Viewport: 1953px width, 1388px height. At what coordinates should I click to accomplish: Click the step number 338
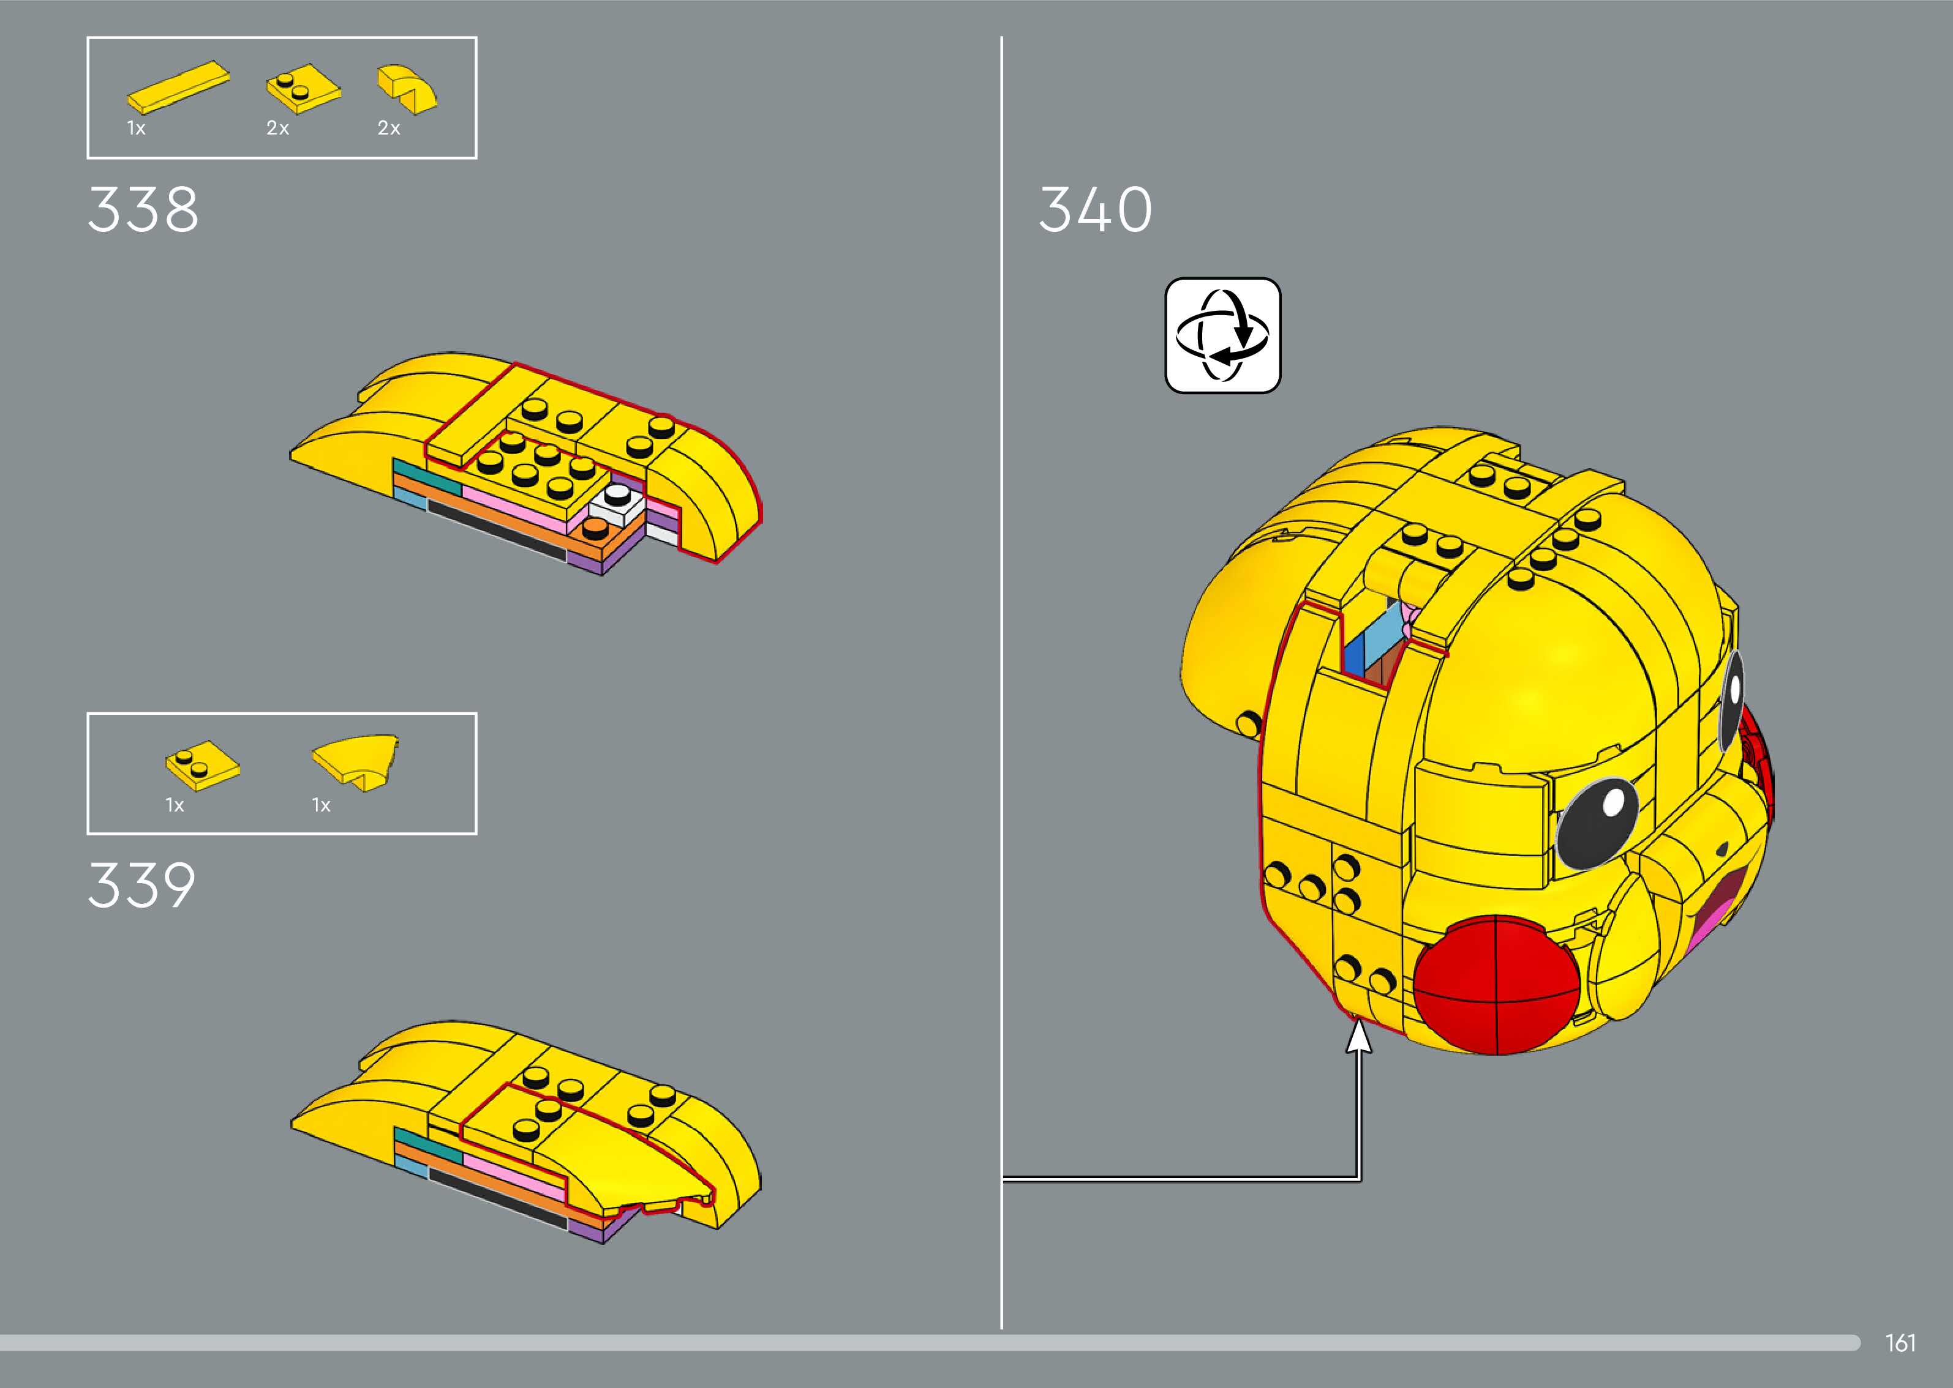pos(143,209)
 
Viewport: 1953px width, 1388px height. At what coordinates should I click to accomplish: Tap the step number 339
pos(142,886)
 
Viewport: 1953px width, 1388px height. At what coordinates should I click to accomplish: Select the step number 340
pos(1096,209)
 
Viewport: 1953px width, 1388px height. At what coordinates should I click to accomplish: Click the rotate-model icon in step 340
pos(1223,335)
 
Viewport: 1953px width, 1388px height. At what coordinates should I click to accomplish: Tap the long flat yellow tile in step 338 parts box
pos(178,87)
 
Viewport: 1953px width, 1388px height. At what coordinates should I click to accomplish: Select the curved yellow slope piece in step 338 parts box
pos(407,88)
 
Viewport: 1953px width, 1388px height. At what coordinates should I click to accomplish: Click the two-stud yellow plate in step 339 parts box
pos(203,765)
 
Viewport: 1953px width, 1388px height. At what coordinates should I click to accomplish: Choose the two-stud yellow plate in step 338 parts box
pos(303,88)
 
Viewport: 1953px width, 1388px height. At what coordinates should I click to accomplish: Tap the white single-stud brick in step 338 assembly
pos(617,506)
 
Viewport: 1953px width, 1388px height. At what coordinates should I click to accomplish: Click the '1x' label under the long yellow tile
pos(137,128)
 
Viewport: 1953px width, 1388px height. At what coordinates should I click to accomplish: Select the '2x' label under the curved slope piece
pos(388,128)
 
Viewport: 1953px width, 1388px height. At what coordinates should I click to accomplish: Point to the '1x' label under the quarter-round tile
pos(321,805)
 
